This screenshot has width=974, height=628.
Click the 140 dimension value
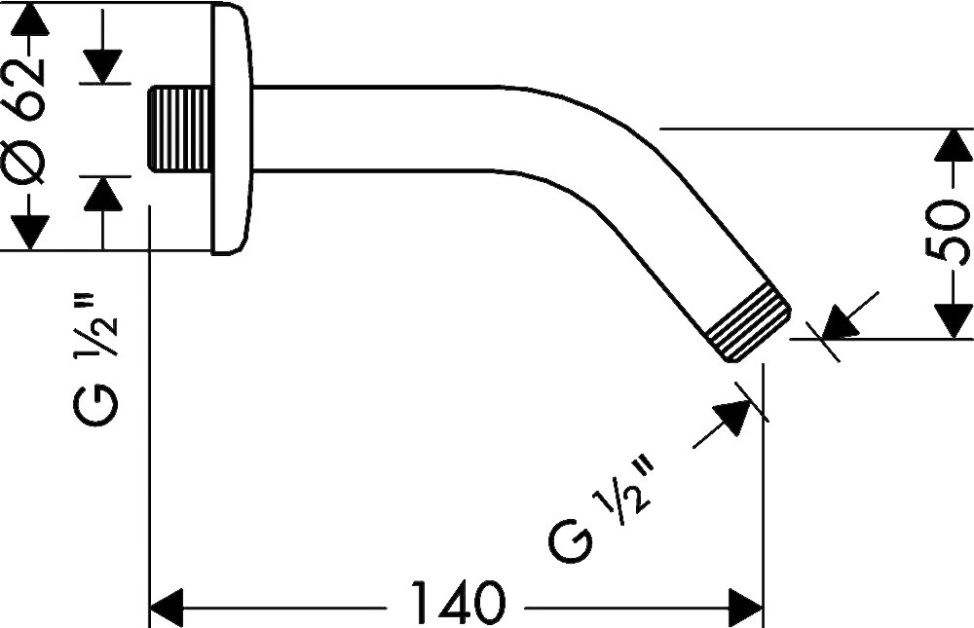click(459, 603)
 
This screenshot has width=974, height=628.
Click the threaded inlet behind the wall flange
click(179, 129)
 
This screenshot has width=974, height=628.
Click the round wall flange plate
click(233, 129)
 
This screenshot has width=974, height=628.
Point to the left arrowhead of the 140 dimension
click(168, 608)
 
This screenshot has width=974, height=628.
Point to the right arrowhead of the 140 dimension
click(745, 608)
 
